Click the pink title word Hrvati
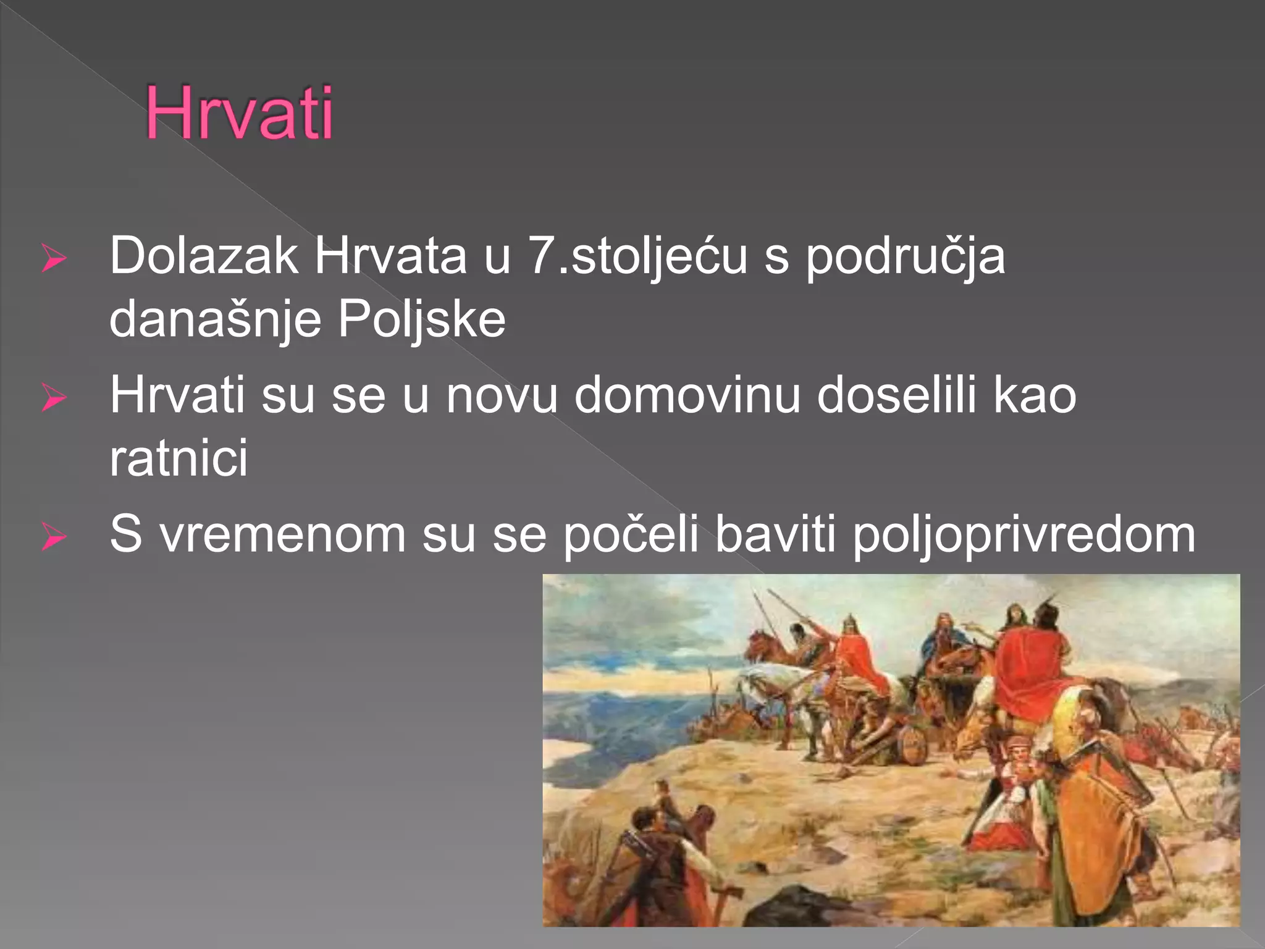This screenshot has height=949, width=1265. coord(240,114)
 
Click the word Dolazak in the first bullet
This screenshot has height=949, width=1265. coord(204,255)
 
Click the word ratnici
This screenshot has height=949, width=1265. coord(179,458)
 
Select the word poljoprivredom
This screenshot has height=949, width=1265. coord(1023,535)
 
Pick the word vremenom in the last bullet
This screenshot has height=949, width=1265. coord(282,534)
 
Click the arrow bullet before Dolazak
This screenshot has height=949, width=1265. coord(54,259)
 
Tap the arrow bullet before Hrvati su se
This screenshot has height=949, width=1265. coord(54,399)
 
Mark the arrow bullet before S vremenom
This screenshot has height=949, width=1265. coord(54,538)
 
